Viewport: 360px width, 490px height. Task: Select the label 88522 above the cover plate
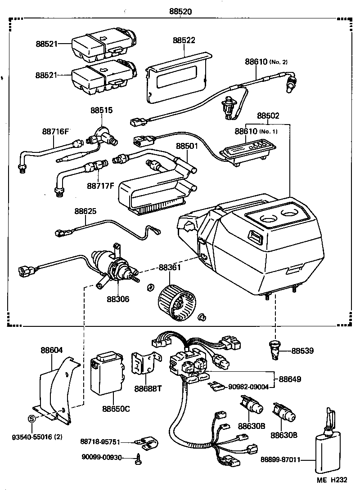(184, 40)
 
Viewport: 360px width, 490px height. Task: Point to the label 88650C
(116, 409)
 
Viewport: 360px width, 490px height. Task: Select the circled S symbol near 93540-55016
(31, 419)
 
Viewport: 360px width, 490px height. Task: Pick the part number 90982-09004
(249, 386)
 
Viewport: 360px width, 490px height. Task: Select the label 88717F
(99, 185)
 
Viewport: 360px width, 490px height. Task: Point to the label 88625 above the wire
(85, 211)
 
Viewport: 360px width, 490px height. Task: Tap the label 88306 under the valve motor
(118, 299)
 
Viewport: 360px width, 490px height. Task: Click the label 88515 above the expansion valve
(101, 110)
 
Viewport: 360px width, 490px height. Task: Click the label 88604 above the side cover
(52, 350)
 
